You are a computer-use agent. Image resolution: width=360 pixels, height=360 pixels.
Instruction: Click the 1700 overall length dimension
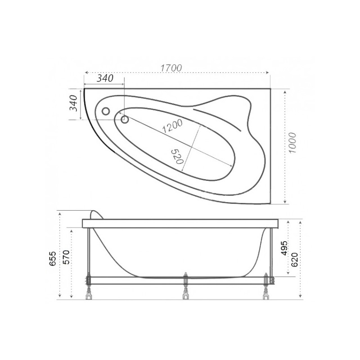(x=171, y=68)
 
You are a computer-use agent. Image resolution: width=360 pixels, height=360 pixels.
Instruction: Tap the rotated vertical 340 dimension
(x=75, y=104)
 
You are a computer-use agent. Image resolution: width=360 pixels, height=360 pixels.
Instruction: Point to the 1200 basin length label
(x=172, y=127)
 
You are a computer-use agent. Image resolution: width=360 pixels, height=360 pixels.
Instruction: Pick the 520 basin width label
(x=177, y=156)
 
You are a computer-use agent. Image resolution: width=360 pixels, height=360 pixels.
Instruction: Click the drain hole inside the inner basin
(x=124, y=119)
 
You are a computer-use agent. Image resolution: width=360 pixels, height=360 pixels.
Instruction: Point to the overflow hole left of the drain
(x=107, y=111)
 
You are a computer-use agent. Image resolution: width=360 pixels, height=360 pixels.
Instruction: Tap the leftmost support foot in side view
(x=88, y=293)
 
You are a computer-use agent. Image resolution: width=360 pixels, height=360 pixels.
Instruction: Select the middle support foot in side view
(x=184, y=293)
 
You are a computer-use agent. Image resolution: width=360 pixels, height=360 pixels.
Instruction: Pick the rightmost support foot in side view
(x=266, y=293)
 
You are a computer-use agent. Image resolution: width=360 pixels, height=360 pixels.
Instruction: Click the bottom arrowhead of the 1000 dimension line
(x=285, y=202)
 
